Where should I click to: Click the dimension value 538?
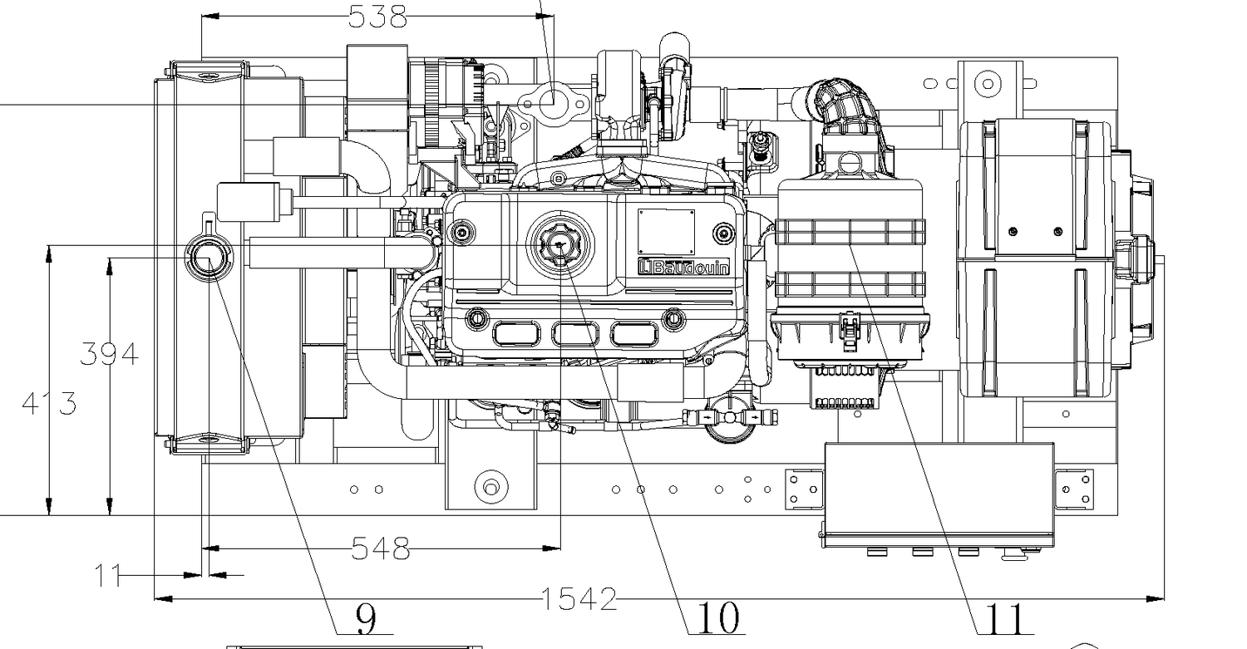[378, 17]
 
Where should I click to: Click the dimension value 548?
[381, 548]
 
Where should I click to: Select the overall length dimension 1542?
[579, 599]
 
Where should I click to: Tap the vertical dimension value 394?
[109, 354]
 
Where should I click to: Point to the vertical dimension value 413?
[49, 403]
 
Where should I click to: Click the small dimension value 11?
[107, 575]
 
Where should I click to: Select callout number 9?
[366, 618]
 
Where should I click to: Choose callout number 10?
[718, 617]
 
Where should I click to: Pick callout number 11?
[1004, 618]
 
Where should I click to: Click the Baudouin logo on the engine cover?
[683, 268]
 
